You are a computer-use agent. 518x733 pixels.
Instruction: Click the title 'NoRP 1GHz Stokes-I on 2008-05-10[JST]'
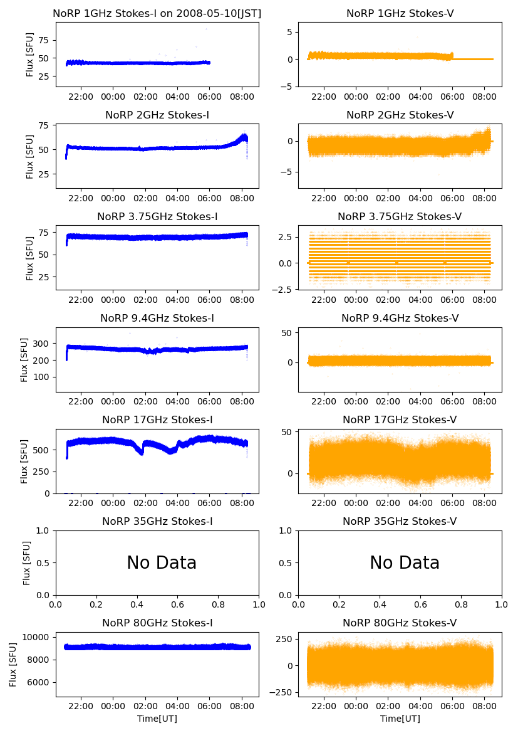coord(157,13)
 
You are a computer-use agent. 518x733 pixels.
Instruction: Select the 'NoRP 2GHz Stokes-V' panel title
coord(400,115)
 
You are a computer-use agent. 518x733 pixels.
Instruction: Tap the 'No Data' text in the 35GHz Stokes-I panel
coord(162,563)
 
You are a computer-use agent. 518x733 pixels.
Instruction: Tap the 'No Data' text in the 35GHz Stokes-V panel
coord(405,563)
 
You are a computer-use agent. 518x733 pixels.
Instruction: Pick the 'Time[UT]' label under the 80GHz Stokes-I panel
coord(157,719)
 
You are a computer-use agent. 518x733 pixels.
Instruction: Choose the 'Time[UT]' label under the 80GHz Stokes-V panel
coord(400,719)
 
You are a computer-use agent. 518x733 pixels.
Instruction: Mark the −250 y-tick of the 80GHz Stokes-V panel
coord(283,692)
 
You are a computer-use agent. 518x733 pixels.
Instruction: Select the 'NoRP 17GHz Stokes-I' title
coord(157,419)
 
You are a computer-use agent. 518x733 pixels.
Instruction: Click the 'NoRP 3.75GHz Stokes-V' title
coord(400,216)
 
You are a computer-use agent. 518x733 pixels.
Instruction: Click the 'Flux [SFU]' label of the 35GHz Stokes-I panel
coord(27,562)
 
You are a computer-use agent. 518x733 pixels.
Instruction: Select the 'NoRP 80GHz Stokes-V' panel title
coord(400,623)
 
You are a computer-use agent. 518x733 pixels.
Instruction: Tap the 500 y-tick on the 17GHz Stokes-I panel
coord(43,450)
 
